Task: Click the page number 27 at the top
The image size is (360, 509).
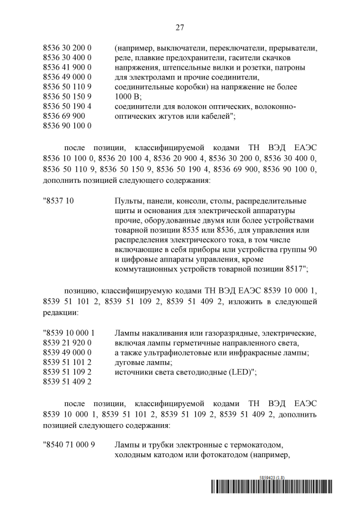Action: pyautogui.click(x=180, y=27)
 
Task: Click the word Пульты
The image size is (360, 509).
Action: pyautogui.click(x=129, y=201)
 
